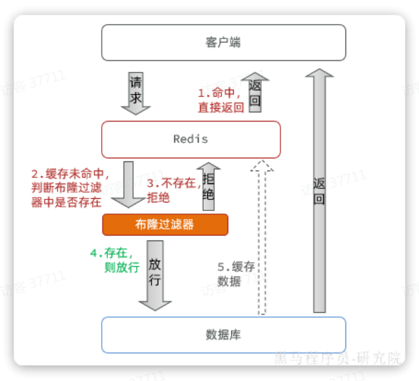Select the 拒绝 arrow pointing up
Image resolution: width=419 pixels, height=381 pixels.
pyautogui.click(x=209, y=187)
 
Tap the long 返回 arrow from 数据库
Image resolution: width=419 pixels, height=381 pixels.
pyautogui.click(x=319, y=190)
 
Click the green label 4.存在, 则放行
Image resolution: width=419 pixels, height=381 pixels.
pyautogui.click(x=115, y=260)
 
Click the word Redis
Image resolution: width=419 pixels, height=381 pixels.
pyautogui.click(x=191, y=139)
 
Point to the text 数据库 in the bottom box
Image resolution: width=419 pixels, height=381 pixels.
pyautogui.click(x=223, y=335)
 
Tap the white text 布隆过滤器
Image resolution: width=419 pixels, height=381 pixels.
pyautogui.click(x=164, y=225)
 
